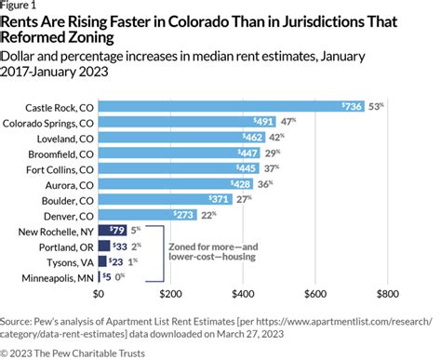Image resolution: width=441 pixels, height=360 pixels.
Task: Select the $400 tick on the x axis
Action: [x=242, y=294]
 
